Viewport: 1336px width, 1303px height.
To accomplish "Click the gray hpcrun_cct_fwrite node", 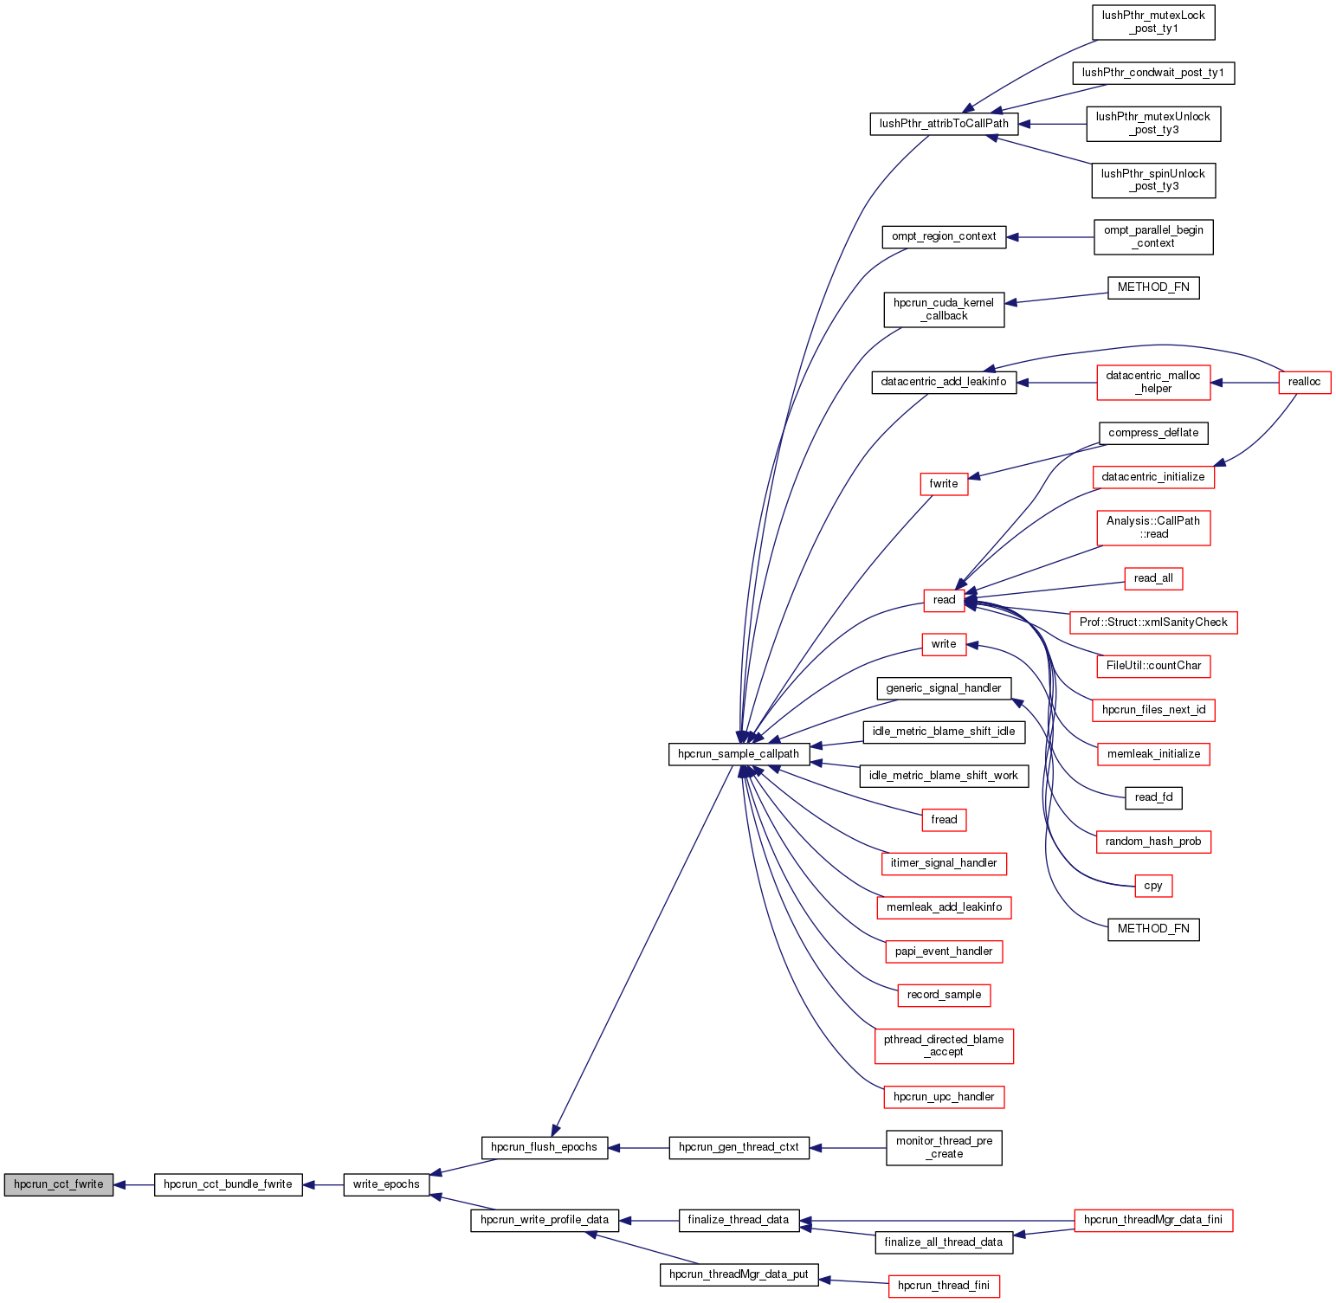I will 58,1184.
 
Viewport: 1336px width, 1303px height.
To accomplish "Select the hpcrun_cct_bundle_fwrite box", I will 228,1184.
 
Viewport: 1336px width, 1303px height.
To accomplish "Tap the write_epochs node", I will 386,1184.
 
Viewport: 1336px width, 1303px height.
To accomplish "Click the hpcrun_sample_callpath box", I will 739,754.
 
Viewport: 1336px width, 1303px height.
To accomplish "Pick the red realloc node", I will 1304,382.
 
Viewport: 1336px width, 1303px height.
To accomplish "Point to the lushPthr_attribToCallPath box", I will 944,124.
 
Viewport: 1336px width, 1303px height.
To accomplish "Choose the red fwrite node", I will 944,484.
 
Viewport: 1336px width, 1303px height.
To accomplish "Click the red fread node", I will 944,820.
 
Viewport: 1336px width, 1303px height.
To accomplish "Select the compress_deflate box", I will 1153,433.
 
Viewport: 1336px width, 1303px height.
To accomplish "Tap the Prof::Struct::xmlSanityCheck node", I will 1153,622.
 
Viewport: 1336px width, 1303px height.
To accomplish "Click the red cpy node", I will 1153,886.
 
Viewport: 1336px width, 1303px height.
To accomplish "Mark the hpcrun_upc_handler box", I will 944,1097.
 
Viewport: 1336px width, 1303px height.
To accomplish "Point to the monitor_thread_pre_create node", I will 944,1147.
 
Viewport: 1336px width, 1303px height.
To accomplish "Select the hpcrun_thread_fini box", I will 944,1286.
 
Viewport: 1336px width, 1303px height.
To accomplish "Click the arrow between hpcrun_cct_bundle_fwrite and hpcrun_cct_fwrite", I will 133,1184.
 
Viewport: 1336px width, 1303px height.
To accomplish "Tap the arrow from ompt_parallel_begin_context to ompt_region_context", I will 1049,237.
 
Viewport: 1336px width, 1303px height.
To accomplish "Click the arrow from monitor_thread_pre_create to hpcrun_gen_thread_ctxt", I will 848,1148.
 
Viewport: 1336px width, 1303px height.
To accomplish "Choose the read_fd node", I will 1153,797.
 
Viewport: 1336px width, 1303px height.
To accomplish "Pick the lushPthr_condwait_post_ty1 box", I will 1153,73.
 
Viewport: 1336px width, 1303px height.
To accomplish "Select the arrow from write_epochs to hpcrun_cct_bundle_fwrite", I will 323,1184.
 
